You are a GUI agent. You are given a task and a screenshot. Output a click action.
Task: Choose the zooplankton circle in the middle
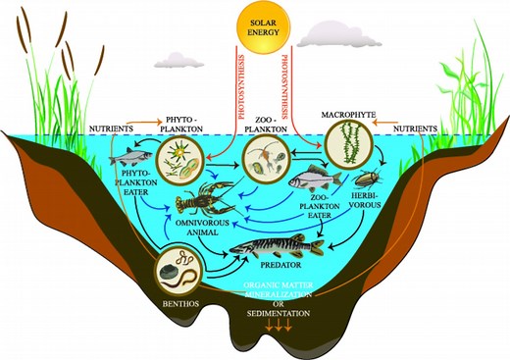pos(265,156)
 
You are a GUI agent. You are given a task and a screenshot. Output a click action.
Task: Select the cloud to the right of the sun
pos(326,36)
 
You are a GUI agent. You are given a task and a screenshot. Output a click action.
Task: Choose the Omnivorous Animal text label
pos(210,227)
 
